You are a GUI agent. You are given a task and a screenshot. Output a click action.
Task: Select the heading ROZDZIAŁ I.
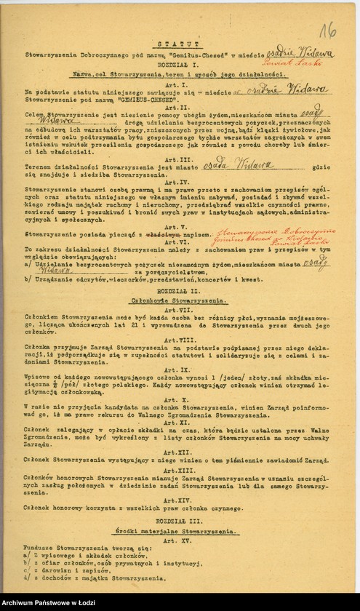[172, 64]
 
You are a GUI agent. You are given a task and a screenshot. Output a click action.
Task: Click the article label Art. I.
[172, 84]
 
